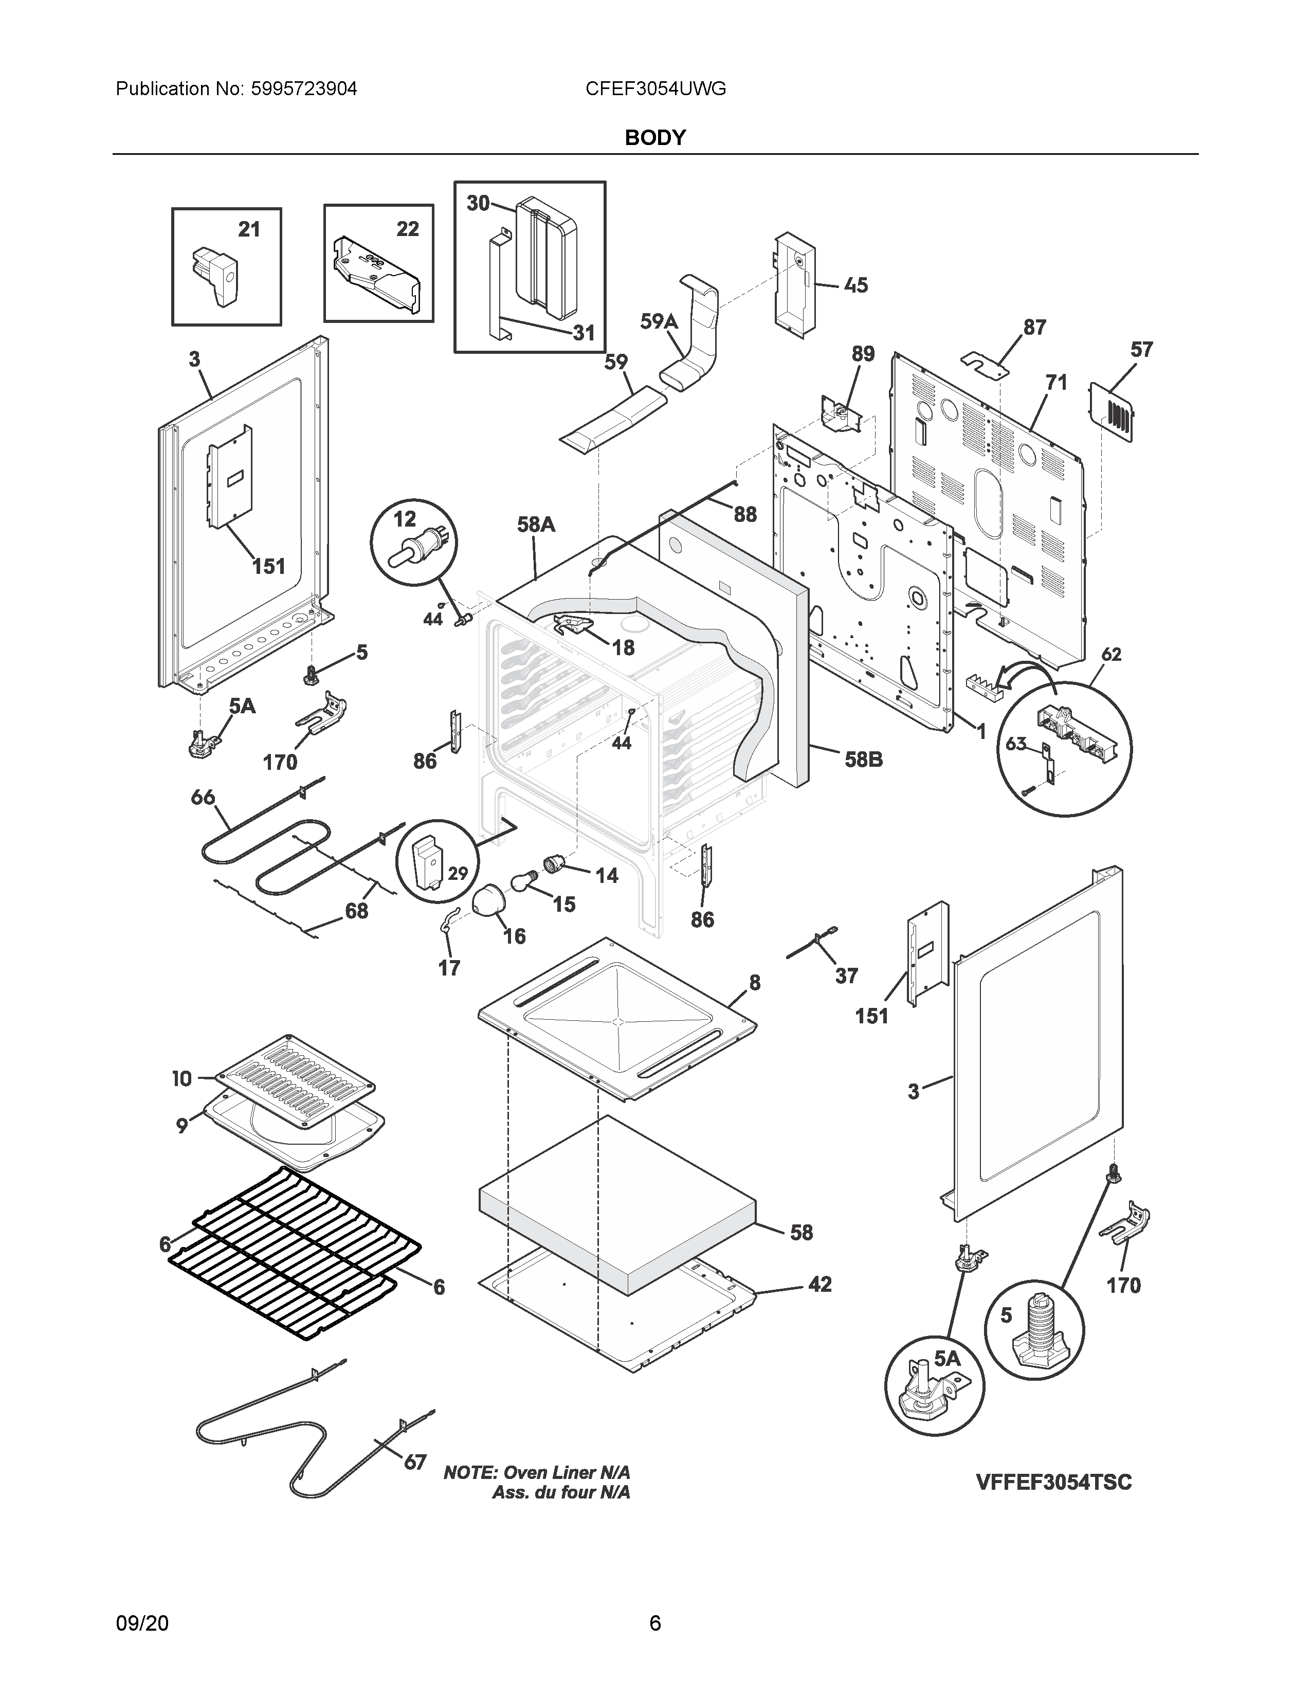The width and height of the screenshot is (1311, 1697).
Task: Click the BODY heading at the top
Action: (x=654, y=137)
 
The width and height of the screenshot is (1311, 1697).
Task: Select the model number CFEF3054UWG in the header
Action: (x=655, y=88)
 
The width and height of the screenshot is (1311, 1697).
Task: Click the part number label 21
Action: (x=248, y=229)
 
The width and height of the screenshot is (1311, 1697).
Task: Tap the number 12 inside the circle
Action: (x=405, y=518)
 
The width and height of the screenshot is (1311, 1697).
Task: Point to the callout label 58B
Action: (x=864, y=759)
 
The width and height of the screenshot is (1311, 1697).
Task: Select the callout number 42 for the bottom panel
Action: (x=820, y=1285)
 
